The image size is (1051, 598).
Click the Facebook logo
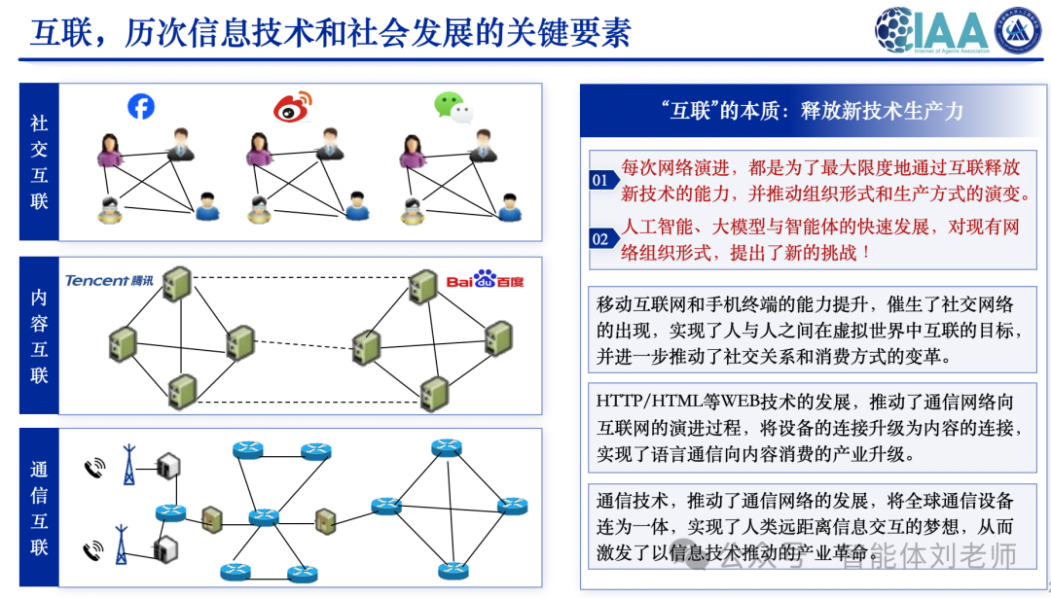(141, 106)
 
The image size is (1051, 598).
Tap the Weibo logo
(292, 107)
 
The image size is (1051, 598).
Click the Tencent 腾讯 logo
(109, 281)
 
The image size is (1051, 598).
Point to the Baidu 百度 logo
(485, 281)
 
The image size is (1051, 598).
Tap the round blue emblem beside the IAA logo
(1018, 30)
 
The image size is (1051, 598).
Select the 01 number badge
(600, 180)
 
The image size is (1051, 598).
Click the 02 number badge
(600, 239)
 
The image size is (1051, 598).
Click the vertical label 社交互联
(39, 162)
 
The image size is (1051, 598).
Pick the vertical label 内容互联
(39, 335)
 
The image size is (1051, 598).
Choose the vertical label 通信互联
(39, 508)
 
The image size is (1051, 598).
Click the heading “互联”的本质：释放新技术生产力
(811, 111)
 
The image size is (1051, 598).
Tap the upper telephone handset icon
(94, 468)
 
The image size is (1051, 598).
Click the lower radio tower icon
(122, 547)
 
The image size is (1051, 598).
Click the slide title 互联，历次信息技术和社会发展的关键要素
(331, 33)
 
